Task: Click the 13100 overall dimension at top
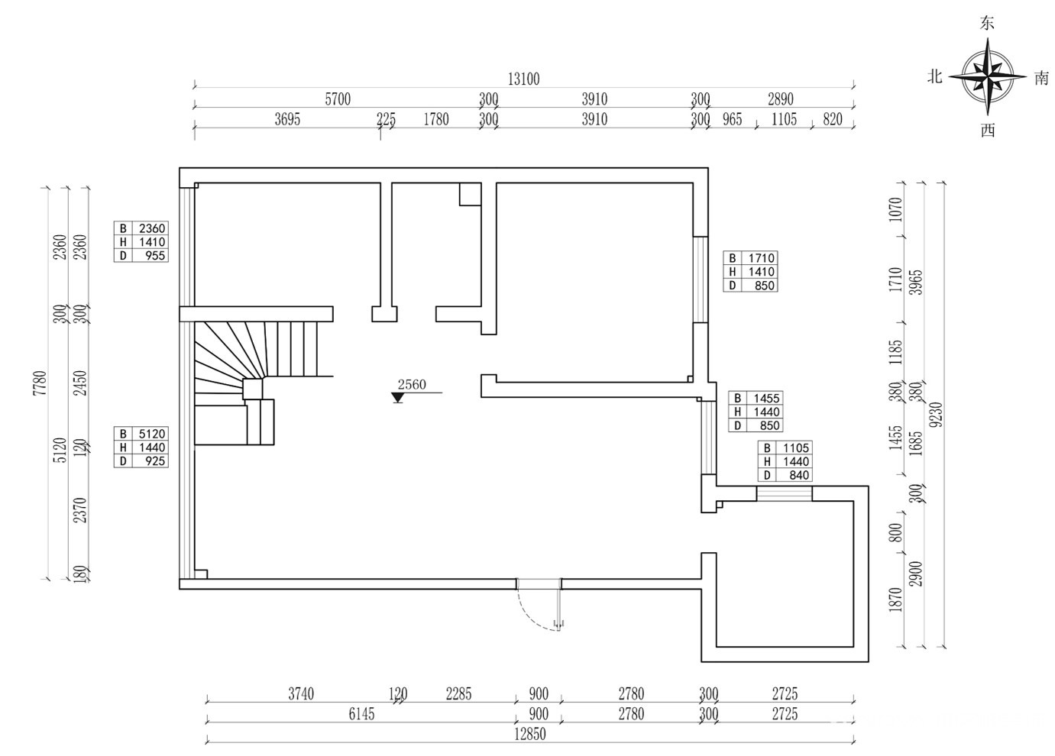(x=523, y=79)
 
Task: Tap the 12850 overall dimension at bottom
(x=530, y=734)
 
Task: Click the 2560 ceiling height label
(x=412, y=384)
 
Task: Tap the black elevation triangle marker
(x=397, y=398)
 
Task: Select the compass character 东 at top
(x=987, y=24)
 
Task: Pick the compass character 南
(x=1041, y=78)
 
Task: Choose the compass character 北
(x=935, y=77)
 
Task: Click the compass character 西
(x=988, y=131)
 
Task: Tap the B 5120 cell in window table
(x=149, y=434)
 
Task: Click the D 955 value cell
(x=149, y=256)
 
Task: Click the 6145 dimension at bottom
(x=361, y=714)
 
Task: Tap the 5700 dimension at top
(x=338, y=99)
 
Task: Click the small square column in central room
(x=469, y=194)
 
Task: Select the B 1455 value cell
(x=765, y=398)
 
